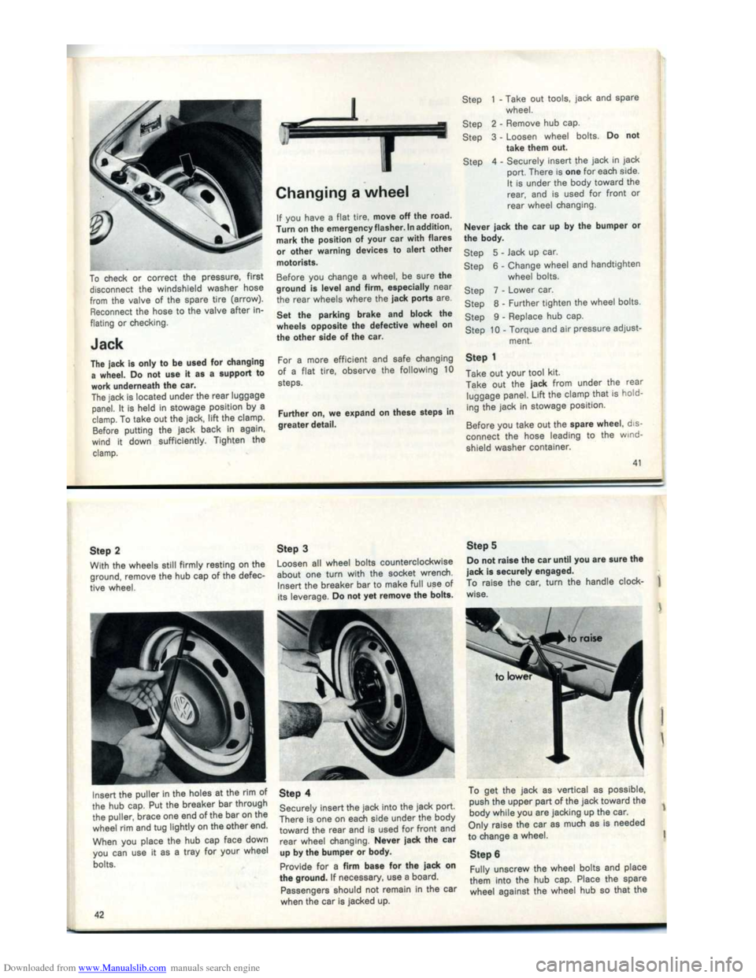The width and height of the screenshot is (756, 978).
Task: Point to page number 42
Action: (x=94, y=914)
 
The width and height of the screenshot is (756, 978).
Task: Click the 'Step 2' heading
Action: (x=106, y=550)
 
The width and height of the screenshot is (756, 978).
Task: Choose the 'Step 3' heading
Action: (x=292, y=548)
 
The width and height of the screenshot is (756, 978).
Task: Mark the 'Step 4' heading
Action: (x=295, y=793)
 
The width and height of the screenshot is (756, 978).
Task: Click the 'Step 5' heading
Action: (x=481, y=545)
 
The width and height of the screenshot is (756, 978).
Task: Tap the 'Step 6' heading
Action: (x=484, y=854)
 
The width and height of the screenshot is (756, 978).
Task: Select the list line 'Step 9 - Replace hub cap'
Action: (x=524, y=317)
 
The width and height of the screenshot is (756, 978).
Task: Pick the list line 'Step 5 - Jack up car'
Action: (x=511, y=253)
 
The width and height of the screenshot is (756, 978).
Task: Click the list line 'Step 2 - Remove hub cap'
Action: (x=522, y=124)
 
